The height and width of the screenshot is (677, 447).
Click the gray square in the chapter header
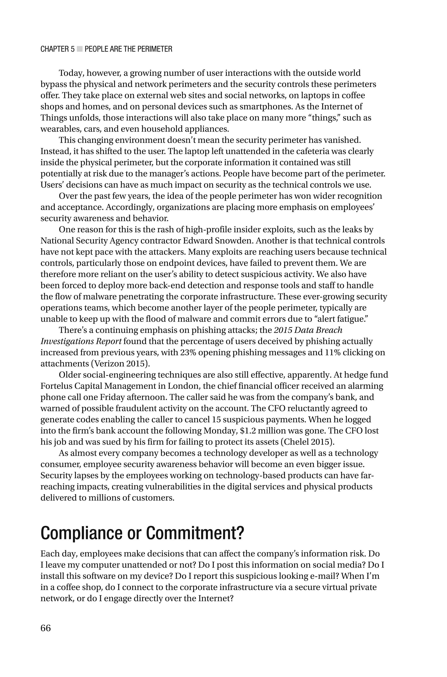tap(79, 49)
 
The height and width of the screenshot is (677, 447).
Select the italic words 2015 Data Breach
tap(308, 330)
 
